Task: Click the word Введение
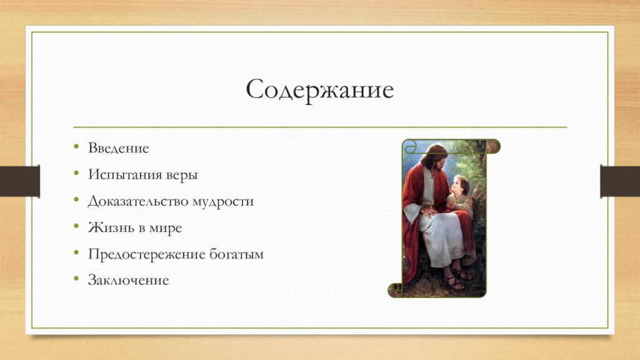point(118,147)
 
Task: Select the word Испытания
point(124,175)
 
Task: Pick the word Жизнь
point(110,227)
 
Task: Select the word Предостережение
point(146,254)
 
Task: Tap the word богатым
point(237,254)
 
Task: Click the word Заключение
point(129,281)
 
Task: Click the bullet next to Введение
point(76,146)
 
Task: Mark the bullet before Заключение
point(76,279)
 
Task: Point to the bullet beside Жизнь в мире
point(76,226)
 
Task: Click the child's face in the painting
point(460,186)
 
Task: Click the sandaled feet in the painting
point(457,277)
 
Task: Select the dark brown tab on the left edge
point(19,181)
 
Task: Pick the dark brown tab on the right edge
point(620,181)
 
